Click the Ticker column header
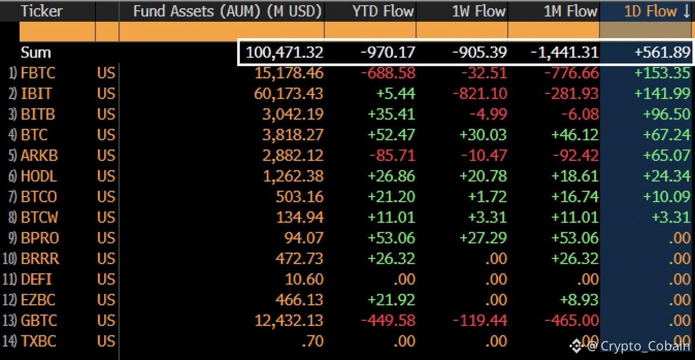pyautogui.click(x=42, y=11)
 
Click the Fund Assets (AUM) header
pyautogui.click(x=228, y=11)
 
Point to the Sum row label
pyautogui.click(x=36, y=52)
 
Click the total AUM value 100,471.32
pyautogui.click(x=285, y=52)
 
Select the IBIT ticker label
pyautogui.click(x=36, y=93)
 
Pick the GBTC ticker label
pyautogui.click(x=39, y=320)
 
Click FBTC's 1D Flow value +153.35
pyautogui.click(x=662, y=73)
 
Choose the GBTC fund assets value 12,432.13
pyautogui.click(x=288, y=320)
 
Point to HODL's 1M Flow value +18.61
pyautogui.click(x=574, y=176)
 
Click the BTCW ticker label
pyautogui.click(x=39, y=217)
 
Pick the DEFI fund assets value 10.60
pyautogui.click(x=304, y=279)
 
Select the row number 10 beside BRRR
pyautogui.click(x=9, y=258)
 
